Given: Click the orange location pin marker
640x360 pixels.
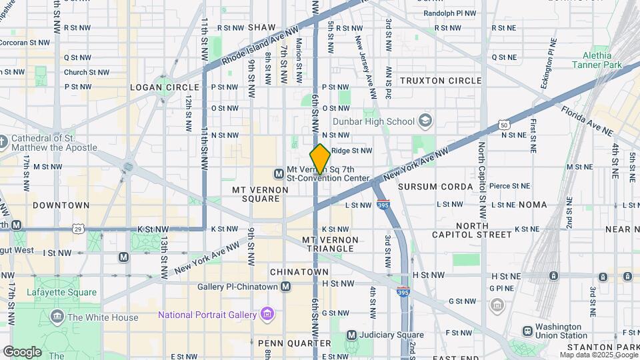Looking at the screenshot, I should (320, 159).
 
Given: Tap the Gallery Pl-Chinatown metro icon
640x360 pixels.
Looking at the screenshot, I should (286, 287).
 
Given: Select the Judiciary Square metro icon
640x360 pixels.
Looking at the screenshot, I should (351, 335).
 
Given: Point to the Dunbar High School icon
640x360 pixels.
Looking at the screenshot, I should (425, 121).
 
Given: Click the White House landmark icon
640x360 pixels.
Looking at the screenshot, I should (57, 317).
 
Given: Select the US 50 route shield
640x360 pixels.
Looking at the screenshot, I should (505, 125).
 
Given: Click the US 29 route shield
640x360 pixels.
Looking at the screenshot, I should (79, 229).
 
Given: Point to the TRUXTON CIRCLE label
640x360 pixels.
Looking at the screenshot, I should (441, 81).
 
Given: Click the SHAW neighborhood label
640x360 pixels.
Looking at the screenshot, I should (261, 27).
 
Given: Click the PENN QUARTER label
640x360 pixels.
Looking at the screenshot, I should (294, 343).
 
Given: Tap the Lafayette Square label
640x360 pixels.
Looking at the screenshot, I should (61, 292).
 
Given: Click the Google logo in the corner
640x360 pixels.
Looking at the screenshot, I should (22, 351).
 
